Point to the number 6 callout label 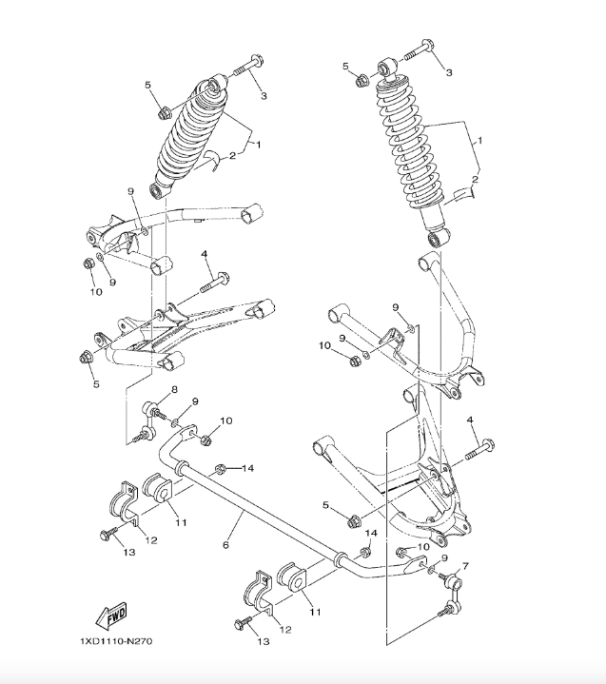[x=225, y=545]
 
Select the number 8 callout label [x=174, y=391]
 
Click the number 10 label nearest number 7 [x=423, y=547]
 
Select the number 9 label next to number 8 [x=194, y=401]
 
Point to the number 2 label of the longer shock [x=475, y=179]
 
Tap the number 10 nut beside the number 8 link [x=206, y=439]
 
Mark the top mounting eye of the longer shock [x=385, y=68]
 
